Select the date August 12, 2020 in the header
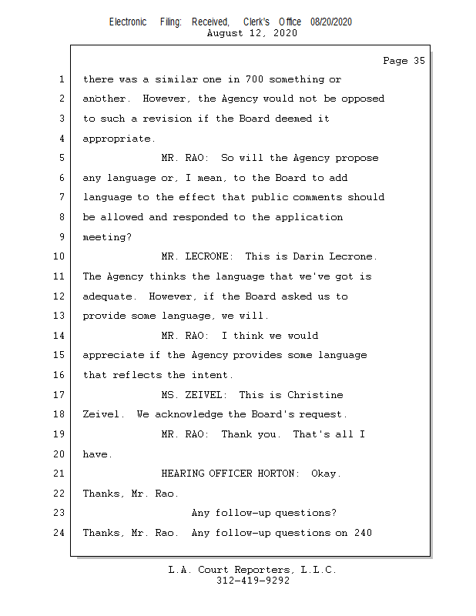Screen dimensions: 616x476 [252, 33]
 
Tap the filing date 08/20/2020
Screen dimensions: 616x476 [331, 22]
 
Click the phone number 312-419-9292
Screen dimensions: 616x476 [253, 581]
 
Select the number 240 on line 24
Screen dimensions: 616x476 [364, 533]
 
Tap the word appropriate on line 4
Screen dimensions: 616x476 [118, 139]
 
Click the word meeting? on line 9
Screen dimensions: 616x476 [107, 237]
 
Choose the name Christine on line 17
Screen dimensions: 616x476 [315, 395]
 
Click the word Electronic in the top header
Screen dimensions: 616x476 [128, 22]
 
